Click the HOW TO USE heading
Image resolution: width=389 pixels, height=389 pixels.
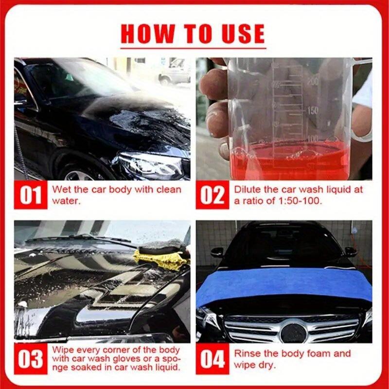193,34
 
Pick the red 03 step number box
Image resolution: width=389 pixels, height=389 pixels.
31,359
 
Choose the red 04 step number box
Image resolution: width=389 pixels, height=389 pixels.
212,359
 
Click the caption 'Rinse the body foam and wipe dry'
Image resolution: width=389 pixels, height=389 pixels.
292,359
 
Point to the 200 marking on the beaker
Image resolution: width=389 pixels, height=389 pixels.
313,82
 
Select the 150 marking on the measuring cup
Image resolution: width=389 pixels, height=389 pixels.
313,110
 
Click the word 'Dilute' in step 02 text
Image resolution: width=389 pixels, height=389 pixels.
248,189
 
